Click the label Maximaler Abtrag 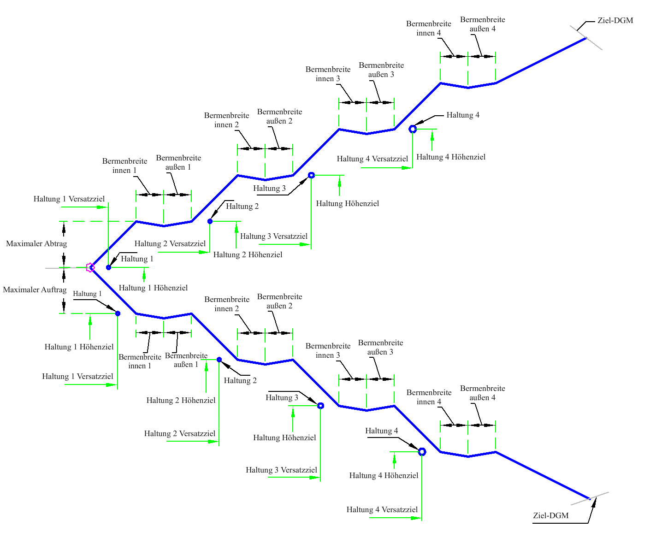(x=36, y=243)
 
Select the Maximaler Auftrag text (x=35, y=290)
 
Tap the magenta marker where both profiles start (x=90, y=267)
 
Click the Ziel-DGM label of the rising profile (x=615, y=20)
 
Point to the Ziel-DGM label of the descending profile (x=550, y=515)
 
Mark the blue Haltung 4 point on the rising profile (x=413, y=129)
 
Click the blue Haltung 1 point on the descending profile (x=118, y=313)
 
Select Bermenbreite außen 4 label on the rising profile (x=482, y=24)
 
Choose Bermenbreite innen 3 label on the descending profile (x=328, y=350)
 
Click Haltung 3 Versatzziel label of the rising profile (x=274, y=236)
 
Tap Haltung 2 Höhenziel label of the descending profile (x=181, y=400)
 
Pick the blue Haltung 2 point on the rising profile (x=210, y=221)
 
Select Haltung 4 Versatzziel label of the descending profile (x=382, y=509)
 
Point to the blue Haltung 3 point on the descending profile (x=320, y=406)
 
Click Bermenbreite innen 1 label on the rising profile (x=124, y=166)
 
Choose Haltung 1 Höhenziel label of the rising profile (x=153, y=288)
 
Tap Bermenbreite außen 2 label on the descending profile (x=279, y=301)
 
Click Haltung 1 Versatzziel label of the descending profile (x=77, y=376)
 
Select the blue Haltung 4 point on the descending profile (x=422, y=452)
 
